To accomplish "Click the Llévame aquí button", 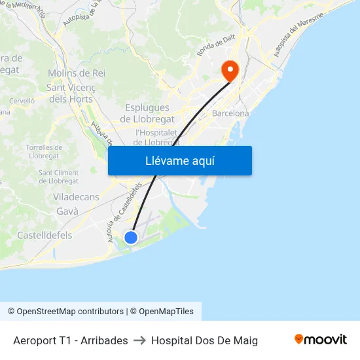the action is (x=179, y=160).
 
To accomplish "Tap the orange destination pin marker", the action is (x=230, y=70).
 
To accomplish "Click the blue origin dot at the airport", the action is (x=131, y=237).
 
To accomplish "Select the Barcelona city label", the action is (x=230, y=113).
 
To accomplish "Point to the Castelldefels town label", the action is (x=45, y=235).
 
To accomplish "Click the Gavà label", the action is (x=67, y=211).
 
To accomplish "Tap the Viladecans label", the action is (x=75, y=197).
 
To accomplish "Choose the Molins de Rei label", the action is (x=77, y=73).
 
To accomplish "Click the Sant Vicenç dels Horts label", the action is (x=71, y=93).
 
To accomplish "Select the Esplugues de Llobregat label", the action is (x=147, y=113).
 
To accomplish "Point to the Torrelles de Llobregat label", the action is (x=44, y=151).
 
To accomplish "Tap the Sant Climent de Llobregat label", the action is (x=59, y=177).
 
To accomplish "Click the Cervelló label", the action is (x=22, y=101).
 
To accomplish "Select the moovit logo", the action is (x=321, y=340).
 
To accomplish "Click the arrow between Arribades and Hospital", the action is (x=139, y=340).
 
